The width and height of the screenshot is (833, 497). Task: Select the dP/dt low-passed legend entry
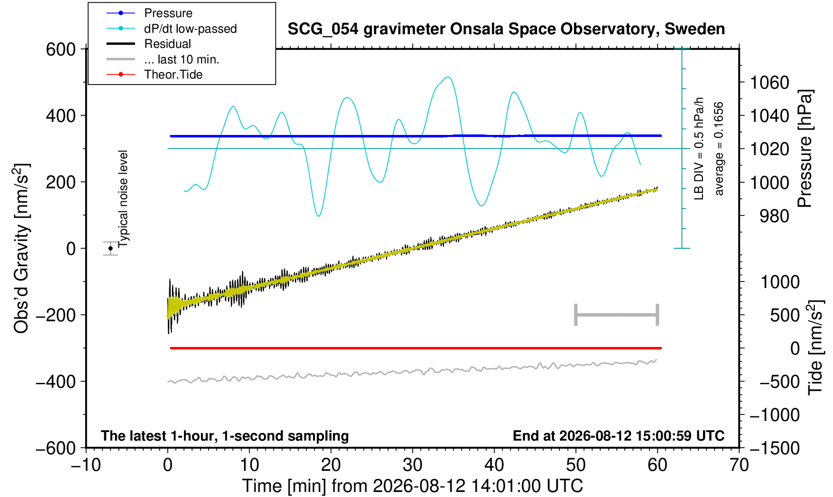(x=171, y=29)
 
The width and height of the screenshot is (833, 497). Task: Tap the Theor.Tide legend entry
(x=154, y=75)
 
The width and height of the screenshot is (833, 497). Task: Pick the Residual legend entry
(x=149, y=44)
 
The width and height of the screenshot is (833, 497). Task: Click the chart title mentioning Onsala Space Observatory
(x=506, y=29)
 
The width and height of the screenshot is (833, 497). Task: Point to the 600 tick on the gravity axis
(x=61, y=49)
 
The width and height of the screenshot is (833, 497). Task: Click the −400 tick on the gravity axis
(x=56, y=381)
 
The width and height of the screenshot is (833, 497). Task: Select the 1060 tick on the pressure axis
(x=770, y=83)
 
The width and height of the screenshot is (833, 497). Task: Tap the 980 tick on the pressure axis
(x=774, y=216)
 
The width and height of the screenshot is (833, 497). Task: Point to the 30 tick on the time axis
(x=412, y=465)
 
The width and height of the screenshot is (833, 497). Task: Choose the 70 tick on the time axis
(x=739, y=465)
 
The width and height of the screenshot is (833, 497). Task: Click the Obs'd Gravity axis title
(x=22, y=248)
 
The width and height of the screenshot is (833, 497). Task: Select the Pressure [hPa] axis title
(x=805, y=149)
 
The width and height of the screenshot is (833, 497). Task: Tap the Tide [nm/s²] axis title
(x=816, y=348)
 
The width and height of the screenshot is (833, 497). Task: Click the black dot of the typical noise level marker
(x=110, y=248)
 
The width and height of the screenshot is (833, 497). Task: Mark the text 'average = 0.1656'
(x=719, y=149)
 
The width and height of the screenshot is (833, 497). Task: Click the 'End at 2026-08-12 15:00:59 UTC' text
(x=618, y=436)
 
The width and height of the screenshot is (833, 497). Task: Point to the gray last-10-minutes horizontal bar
(x=617, y=315)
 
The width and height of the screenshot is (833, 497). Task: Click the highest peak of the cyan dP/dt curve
(x=448, y=77)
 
